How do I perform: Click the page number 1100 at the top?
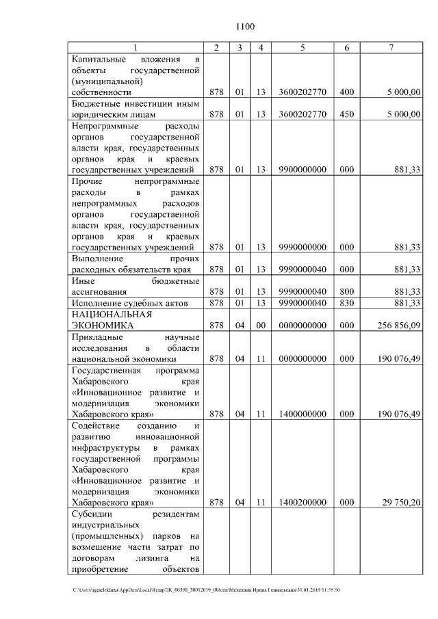pos(245,27)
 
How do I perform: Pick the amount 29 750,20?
pos(401,502)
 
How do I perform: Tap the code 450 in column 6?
pos(347,114)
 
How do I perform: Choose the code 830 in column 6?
pos(347,302)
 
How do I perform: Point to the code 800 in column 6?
pos(347,291)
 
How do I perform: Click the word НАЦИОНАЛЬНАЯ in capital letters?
pos(111,315)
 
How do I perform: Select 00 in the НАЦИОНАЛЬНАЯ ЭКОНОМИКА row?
pos(261,326)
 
